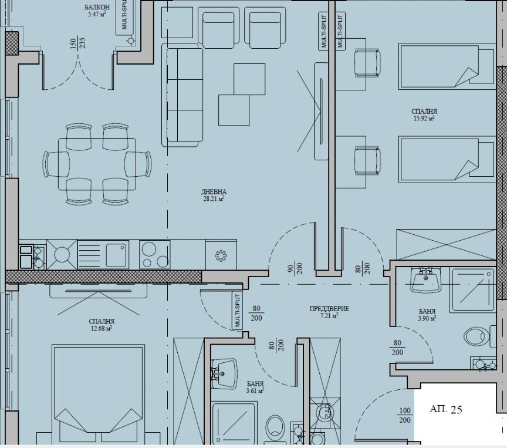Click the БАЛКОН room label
click(97, 7)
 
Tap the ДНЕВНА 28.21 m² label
click(214, 195)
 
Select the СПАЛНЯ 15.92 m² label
click(424, 114)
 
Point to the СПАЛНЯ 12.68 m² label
click(102, 325)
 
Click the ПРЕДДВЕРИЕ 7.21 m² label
click(329, 312)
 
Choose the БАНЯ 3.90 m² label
click(427, 315)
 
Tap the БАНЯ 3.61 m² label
click(255, 387)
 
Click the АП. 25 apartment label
click(446, 409)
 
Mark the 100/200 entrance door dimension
click(405, 415)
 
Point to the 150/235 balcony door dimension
click(77, 43)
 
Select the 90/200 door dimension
click(295, 268)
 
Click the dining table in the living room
click(97, 164)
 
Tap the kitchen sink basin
click(116, 255)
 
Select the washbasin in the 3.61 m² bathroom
click(224, 373)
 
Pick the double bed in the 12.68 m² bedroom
click(98, 395)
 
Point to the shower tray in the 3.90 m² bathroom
click(473, 290)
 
